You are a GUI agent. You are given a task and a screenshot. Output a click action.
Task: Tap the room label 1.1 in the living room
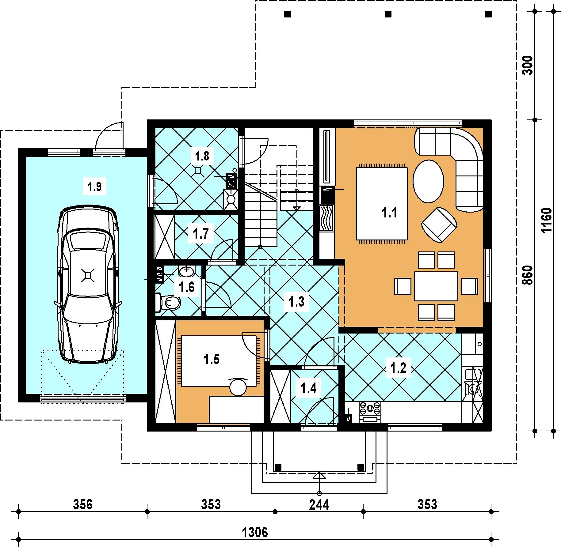[x=389, y=212]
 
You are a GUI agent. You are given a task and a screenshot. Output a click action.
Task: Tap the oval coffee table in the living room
[x=428, y=181]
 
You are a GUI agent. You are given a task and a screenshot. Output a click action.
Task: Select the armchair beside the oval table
[x=439, y=224]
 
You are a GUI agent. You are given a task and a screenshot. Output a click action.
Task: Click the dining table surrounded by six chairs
[x=436, y=286]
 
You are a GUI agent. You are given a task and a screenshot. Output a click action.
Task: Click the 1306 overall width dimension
[x=255, y=532]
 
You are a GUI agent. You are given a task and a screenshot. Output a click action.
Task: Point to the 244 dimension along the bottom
[x=319, y=504]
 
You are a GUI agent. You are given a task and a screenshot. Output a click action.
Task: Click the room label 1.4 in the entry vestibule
[x=308, y=388]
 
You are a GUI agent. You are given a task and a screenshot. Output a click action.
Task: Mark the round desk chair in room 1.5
[x=238, y=387]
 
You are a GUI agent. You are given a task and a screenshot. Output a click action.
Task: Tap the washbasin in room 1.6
[x=187, y=271]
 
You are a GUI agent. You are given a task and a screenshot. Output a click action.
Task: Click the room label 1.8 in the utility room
[x=202, y=156]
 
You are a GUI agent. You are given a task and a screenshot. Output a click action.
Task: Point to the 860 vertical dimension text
[x=528, y=275]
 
